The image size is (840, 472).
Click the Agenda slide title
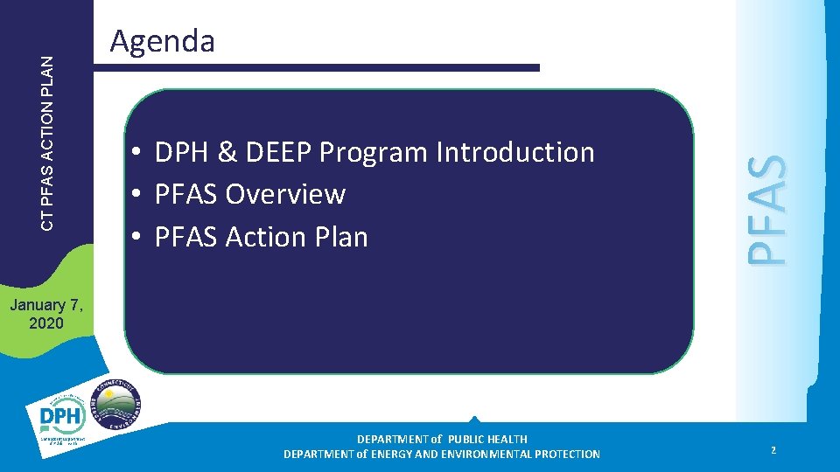(x=163, y=41)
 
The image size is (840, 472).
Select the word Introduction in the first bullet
(x=515, y=152)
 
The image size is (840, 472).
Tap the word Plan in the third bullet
(x=340, y=237)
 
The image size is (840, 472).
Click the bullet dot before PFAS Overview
(x=138, y=195)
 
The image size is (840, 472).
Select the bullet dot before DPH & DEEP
(x=138, y=153)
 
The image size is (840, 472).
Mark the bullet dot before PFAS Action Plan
(x=138, y=238)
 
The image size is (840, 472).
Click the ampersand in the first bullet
(x=226, y=152)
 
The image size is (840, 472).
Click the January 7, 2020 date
(x=45, y=314)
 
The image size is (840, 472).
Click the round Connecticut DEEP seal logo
(x=115, y=404)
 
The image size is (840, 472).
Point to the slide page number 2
(x=773, y=450)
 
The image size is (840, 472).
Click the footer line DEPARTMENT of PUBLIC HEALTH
(x=442, y=439)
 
